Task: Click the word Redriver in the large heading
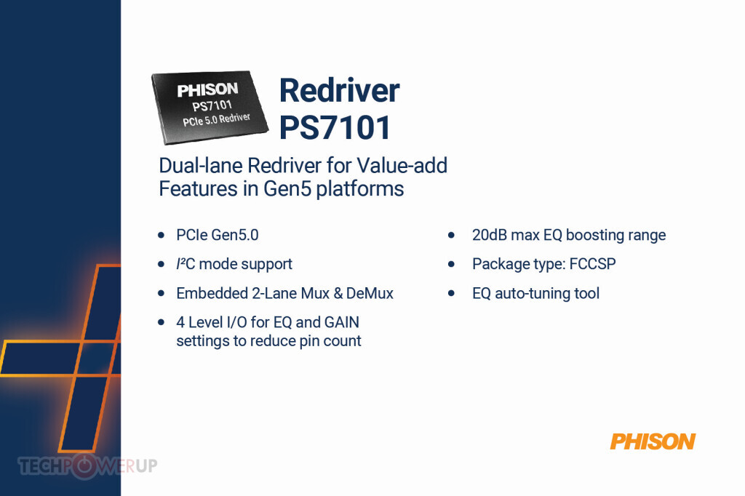339,90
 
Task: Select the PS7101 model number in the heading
335,127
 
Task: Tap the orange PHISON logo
653,441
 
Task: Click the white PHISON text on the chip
207,89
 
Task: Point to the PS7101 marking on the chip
212,105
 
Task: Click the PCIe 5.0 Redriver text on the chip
217,119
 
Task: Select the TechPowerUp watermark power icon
84,466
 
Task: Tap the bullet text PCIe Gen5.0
218,235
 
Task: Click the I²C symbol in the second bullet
186,264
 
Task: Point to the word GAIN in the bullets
342,322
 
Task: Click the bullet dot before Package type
451,264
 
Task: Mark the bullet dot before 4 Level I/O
161,323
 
